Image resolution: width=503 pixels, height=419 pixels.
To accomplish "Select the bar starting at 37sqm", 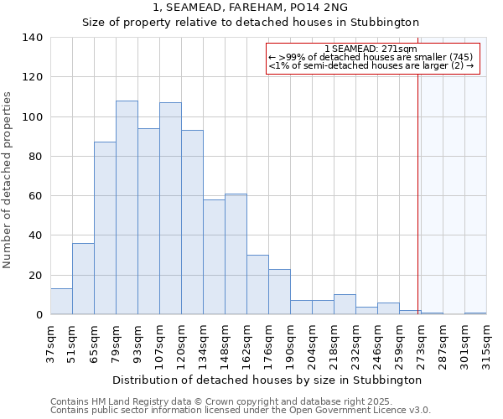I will pyautogui.click(x=61, y=302).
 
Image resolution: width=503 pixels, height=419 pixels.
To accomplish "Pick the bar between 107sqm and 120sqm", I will pyautogui.click(x=170, y=209).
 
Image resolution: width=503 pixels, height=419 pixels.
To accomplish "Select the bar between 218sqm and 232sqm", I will pyautogui.click(x=345, y=305).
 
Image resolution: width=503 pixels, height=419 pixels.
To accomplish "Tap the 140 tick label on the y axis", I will pyautogui.click(x=33, y=38).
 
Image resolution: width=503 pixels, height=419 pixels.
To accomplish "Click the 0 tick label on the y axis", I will pyautogui.click(x=39, y=315).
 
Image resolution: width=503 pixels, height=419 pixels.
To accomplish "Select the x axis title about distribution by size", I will pyautogui.click(x=266, y=380).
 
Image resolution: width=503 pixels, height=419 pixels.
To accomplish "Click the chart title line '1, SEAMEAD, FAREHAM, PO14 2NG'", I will pyautogui.click(x=250, y=8).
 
